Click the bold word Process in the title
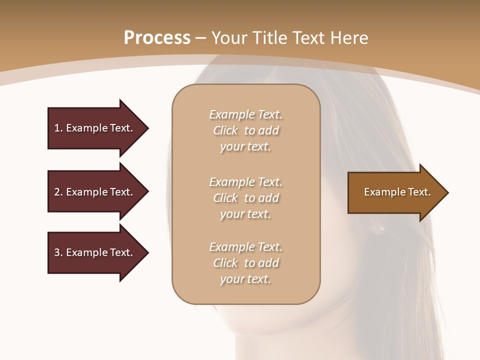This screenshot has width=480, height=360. (157, 38)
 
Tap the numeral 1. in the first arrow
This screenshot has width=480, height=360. (58, 128)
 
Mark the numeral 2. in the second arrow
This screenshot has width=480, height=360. (58, 192)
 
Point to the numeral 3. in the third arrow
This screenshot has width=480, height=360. (58, 252)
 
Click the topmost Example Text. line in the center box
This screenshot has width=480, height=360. (245, 114)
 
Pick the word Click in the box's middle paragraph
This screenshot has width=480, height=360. (225, 198)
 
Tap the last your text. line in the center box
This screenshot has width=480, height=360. (245, 279)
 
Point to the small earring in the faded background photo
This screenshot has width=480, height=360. (381, 228)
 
